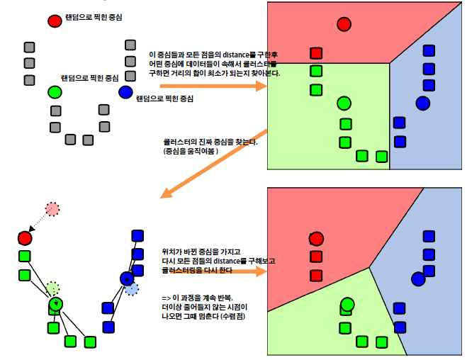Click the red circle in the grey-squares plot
55,21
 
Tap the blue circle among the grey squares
125,92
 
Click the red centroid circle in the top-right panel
344,24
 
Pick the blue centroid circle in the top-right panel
423,103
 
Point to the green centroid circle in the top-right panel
344,103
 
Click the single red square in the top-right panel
316,53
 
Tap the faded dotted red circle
52,208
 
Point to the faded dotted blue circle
132,288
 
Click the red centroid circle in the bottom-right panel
316,239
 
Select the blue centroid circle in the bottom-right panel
418,278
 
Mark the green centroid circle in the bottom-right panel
347,305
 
